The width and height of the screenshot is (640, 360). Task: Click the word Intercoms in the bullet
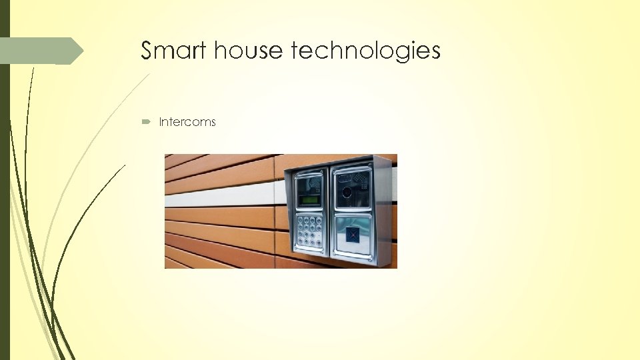(187, 123)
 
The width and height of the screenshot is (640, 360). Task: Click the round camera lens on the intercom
(347, 192)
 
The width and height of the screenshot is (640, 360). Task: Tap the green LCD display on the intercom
(309, 200)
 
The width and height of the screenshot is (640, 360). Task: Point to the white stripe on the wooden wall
(220, 194)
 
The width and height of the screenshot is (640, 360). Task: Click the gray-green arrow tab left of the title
(40, 51)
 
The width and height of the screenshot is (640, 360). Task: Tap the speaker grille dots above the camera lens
(361, 179)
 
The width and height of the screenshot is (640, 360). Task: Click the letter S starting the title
(147, 51)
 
